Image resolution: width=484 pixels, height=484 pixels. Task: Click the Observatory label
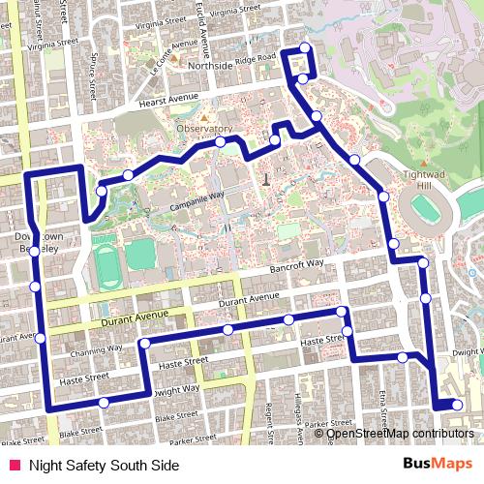[204, 129]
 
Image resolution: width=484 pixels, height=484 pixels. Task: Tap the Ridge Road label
[257, 60]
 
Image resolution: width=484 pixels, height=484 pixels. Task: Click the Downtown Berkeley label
[39, 242]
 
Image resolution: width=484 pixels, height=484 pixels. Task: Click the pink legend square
[14, 465]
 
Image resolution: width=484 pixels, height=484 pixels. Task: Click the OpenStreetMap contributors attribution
[400, 433]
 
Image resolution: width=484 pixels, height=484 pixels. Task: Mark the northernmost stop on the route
[305, 48]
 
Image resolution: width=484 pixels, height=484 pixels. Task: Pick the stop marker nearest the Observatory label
[221, 142]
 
